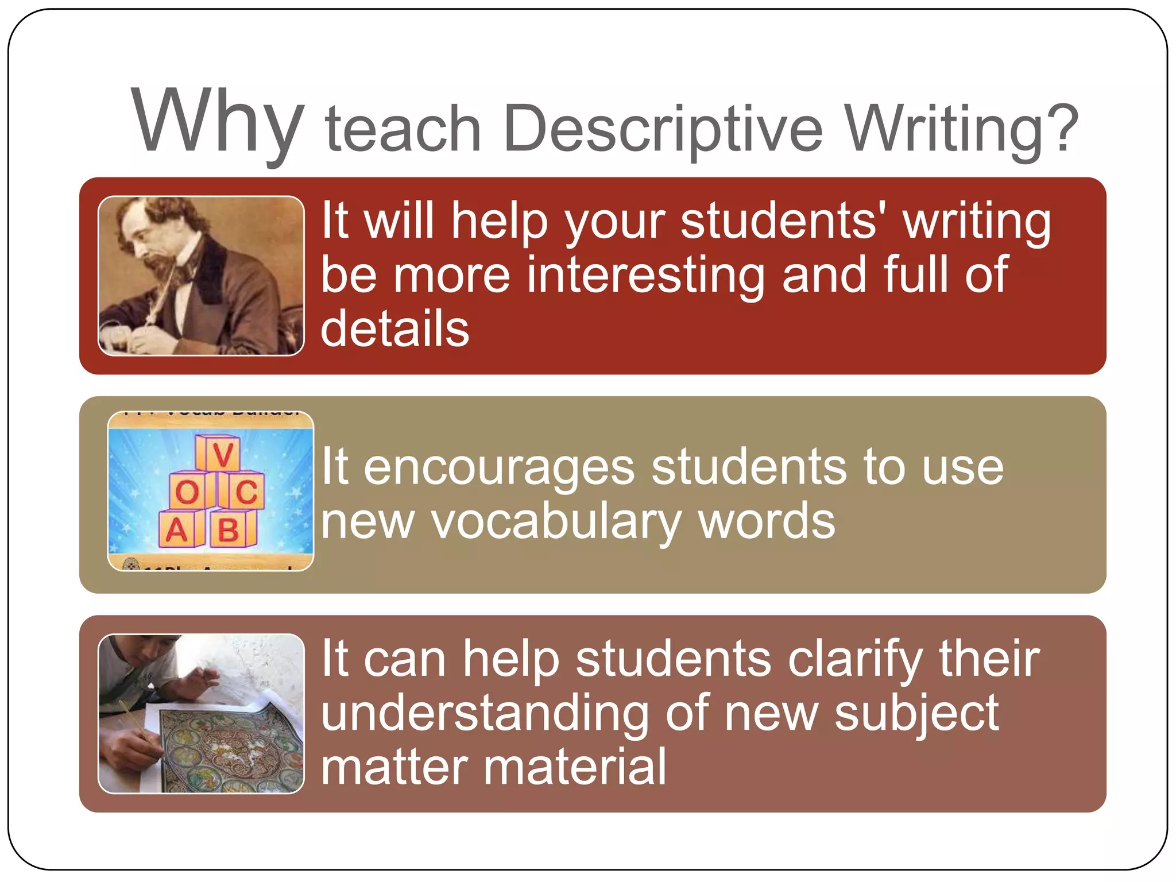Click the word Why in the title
tap(217, 122)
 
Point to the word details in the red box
tap(395, 328)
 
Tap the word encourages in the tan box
tap(500, 469)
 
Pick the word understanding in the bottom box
tap(485, 714)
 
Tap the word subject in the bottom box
tap(916, 714)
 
